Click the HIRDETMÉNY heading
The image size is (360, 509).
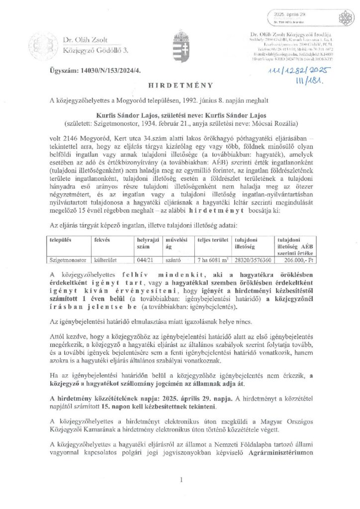tap(180, 85)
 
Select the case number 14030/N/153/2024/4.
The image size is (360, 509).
tap(95, 72)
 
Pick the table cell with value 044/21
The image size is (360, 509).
tap(144, 259)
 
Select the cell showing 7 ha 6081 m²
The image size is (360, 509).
tap(212, 259)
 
